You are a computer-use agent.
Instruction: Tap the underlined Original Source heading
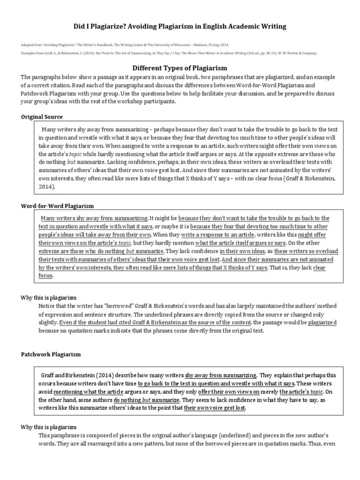(42, 117)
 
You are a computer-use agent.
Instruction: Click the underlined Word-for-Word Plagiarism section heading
(58, 206)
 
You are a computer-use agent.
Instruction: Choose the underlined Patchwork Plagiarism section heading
(51, 354)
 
